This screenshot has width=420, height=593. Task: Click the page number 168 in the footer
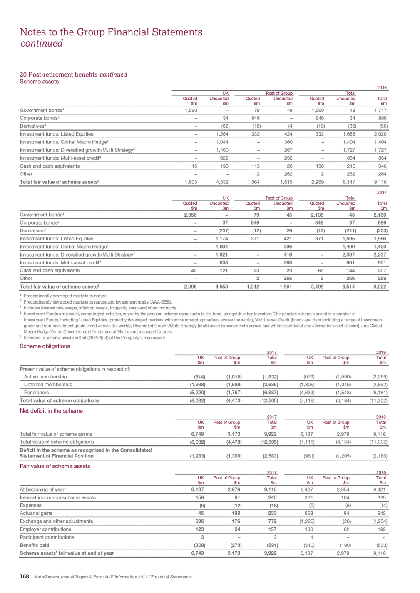tap(25, 576)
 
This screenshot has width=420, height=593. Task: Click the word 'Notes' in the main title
tap(33, 32)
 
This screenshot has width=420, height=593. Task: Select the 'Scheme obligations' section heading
tap(45, 346)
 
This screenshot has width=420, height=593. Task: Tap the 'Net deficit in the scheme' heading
tap(51, 410)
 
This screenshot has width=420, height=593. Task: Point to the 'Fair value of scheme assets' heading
tap(55, 466)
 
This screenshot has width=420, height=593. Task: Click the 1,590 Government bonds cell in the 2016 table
tap(191, 110)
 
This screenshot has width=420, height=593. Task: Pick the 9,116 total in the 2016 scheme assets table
tap(380, 182)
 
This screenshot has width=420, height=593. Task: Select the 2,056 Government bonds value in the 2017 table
tap(190, 215)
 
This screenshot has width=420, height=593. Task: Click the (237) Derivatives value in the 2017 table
tap(224, 231)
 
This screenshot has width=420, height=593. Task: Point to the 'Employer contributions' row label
tap(45, 529)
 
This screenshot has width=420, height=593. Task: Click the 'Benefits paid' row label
tap(35, 545)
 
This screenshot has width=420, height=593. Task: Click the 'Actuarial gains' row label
tap(36, 513)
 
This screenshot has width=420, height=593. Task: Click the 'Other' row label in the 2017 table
tap(26, 279)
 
